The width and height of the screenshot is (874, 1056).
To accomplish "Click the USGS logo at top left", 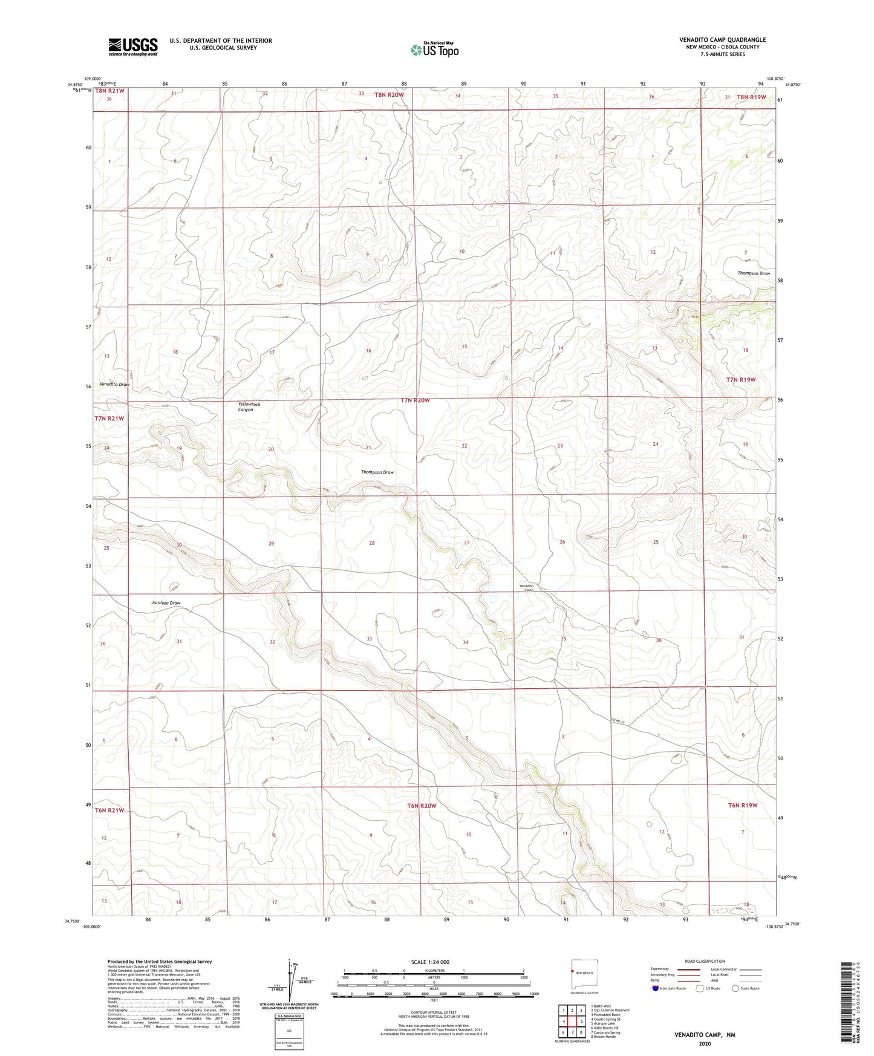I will (132, 47).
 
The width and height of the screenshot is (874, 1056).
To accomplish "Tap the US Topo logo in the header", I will (434, 50).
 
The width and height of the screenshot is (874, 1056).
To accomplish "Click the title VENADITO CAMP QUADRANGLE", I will (722, 40).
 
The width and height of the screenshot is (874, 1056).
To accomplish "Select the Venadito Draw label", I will (114, 385).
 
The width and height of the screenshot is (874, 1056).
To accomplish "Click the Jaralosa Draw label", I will (165, 603).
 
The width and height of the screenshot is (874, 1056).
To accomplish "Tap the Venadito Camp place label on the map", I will (527, 588).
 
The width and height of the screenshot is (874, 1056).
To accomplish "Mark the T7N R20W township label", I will (414, 400).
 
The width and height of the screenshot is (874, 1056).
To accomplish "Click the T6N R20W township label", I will (422, 806).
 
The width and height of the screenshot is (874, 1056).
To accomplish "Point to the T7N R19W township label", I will (741, 379).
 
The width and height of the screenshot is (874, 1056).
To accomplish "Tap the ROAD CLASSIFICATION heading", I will (705, 961).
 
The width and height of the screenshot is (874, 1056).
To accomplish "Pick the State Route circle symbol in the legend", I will (735, 988).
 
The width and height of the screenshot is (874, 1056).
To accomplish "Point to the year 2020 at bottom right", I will (705, 1043).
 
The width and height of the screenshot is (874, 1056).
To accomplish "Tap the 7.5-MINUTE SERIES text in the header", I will (722, 54).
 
